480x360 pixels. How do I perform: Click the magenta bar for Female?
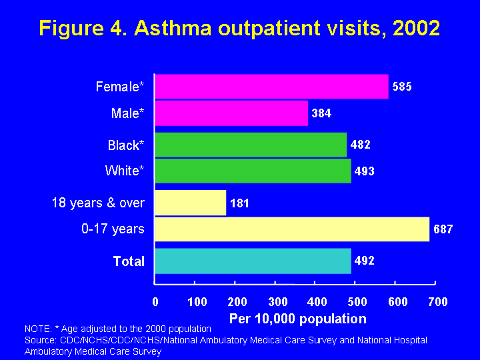point(271,87)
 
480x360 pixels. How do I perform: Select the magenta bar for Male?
point(231,113)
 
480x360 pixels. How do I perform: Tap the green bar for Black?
point(251,145)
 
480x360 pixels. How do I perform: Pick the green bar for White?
point(253,171)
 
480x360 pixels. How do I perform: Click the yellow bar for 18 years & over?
point(191,203)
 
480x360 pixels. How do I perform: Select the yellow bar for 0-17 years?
point(292,229)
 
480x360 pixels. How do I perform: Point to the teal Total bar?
point(253,261)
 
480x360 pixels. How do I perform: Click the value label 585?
point(402,87)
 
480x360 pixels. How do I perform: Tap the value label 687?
point(443,229)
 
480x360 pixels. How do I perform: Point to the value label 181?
point(239,203)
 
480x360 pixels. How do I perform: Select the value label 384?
point(321,113)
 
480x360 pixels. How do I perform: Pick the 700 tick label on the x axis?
point(437,302)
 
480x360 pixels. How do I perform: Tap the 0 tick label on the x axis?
point(155,302)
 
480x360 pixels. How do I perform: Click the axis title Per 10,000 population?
point(297,319)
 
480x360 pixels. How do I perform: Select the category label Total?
point(129,261)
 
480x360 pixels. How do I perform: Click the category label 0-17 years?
point(113,229)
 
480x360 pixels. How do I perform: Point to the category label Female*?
point(120,87)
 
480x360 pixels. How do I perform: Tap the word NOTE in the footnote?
point(36,329)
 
